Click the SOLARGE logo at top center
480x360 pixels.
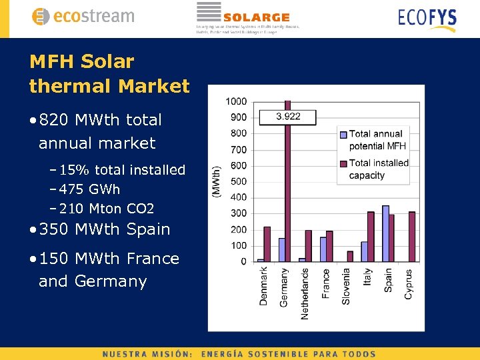click(247, 17)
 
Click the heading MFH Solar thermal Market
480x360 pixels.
click(109, 74)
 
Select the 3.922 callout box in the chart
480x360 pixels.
click(288, 116)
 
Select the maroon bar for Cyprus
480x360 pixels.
click(412, 237)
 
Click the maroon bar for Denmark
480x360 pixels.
click(267, 244)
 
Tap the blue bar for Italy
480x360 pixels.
click(365, 251)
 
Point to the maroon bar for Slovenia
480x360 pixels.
click(350, 256)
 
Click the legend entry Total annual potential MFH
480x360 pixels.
click(377, 140)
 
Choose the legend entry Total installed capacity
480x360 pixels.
click(378, 169)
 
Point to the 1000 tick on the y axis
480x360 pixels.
click(236, 101)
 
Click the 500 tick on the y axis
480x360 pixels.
click(238, 181)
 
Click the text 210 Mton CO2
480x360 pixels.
click(107, 209)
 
